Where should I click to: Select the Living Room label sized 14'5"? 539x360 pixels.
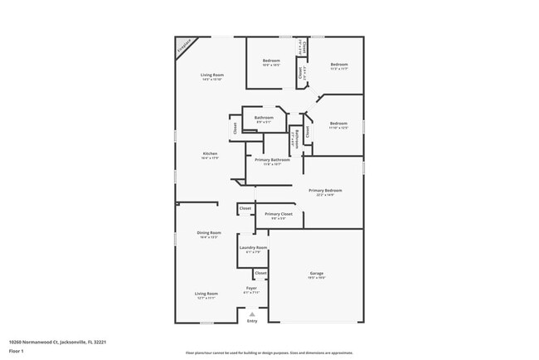pyautogui.click(x=212, y=78)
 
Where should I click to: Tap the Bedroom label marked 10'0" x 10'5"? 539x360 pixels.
pyautogui.click(x=272, y=63)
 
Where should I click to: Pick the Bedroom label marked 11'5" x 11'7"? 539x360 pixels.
pyautogui.click(x=338, y=66)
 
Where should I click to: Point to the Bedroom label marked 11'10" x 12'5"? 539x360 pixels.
pyautogui.click(x=338, y=125)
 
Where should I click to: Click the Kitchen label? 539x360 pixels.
pyautogui.click(x=211, y=156)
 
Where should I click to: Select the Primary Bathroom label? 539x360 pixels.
pyautogui.click(x=272, y=161)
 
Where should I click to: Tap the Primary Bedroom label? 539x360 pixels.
pyautogui.click(x=325, y=192)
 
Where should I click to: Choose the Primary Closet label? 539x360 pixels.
pyautogui.click(x=279, y=216)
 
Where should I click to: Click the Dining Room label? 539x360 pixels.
pyautogui.click(x=209, y=235)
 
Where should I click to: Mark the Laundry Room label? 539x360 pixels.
pyautogui.click(x=253, y=249)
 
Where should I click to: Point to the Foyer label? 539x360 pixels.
pyautogui.click(x=251, y=289)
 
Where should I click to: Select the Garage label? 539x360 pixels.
pyautogui.click(x=317, y=275)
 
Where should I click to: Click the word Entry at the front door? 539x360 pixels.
pyautogui.click(x=252, y=321)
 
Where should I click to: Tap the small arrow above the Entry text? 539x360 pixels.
pyautogui.click(x=252, y=314)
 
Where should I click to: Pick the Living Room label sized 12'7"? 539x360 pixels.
pyautogui.click(x=206, y=295)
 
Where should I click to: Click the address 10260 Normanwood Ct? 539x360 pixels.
pyautogui.click(x=57, y=341)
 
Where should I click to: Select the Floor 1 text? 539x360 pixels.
pyautogui.click(x=16, y=350)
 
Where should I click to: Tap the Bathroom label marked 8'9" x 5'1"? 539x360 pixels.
pyautogui.click(x=264, y=119)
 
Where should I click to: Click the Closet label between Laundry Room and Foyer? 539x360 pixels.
pyautogui.click(x=260, y=273)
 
